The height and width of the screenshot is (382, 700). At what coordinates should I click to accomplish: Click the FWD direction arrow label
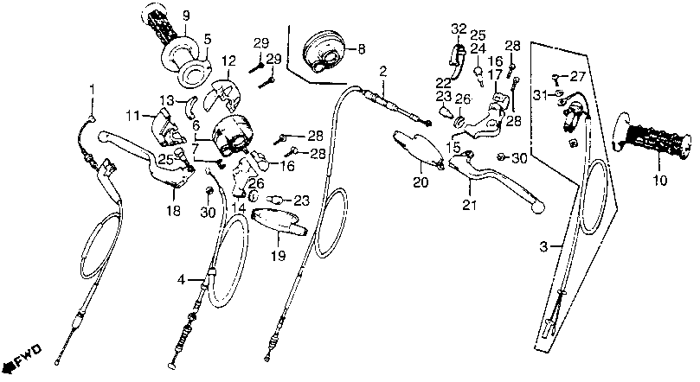(23, 357)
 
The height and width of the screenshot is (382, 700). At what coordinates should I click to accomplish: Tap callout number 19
(277, 257)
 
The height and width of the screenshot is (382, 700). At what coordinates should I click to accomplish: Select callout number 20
(421, 183)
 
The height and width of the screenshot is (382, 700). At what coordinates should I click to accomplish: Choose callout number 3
(544, 248)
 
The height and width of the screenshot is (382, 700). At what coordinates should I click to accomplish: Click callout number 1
(94, 87)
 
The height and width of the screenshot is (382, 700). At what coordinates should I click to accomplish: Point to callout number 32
(459, 29)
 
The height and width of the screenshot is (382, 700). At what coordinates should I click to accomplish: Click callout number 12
(228, 60)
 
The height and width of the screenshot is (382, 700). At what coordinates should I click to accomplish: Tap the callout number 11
(133, 115)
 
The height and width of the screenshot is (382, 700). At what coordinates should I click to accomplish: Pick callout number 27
(578, 77)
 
